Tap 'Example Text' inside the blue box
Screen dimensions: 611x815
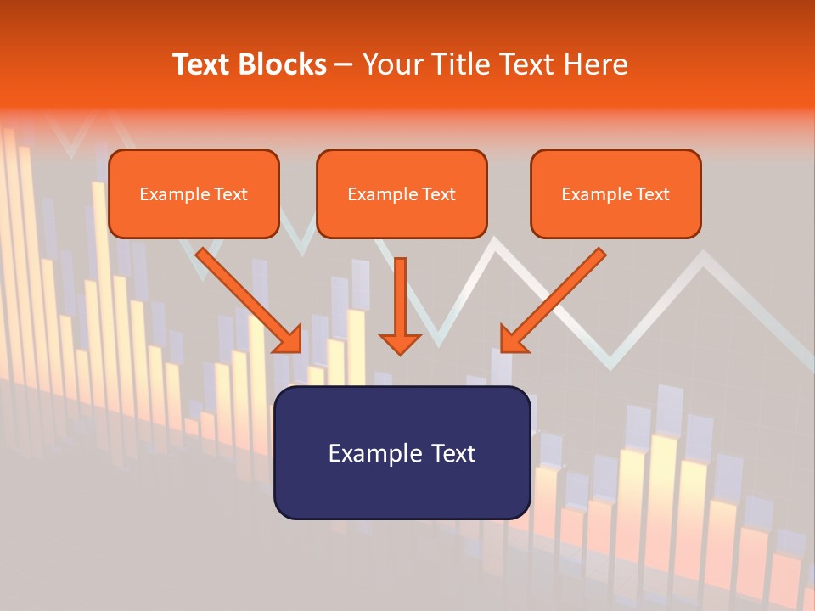click(402, 453)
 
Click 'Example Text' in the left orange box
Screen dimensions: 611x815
click(194, 194)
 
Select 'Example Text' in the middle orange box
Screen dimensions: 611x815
click(402, 194)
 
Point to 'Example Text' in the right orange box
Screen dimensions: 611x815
click(615, 194)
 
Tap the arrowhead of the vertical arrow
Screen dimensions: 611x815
click(400, 343)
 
